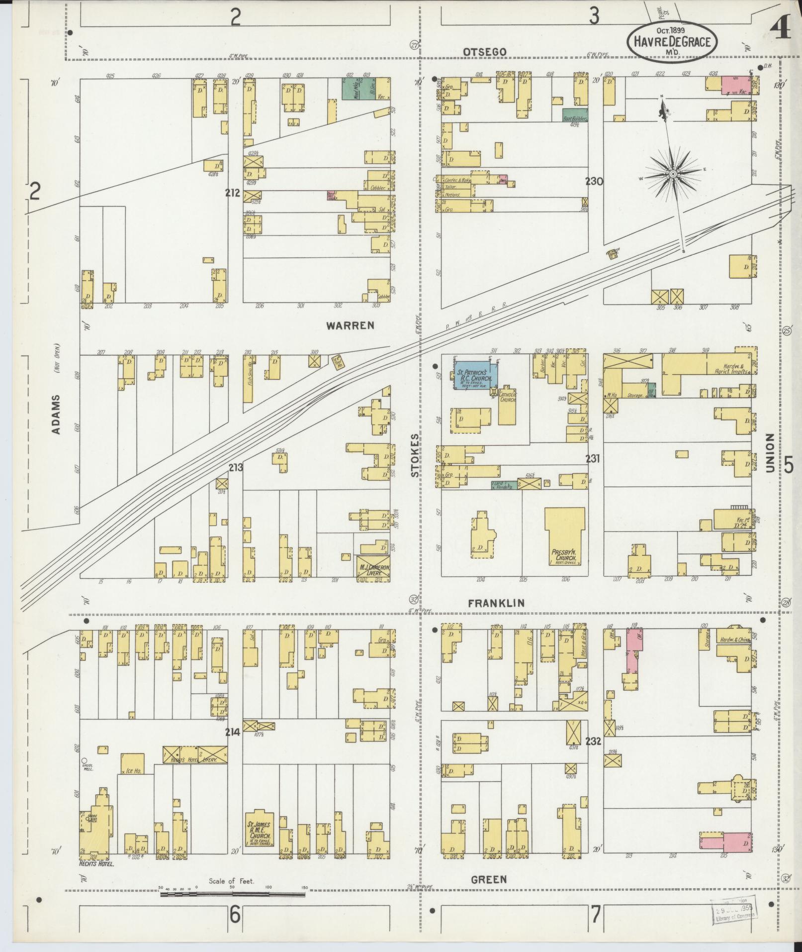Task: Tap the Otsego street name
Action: (x=484, y=52)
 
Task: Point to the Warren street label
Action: (x=350, y=325)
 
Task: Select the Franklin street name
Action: (x=497, y=603)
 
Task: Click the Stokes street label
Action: (x=415, y=455)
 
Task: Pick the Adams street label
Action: (x=56, y=414)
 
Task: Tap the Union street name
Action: (x=770, y=452)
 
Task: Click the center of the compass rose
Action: (x=672, y=173)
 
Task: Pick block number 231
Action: (x=592, y=458)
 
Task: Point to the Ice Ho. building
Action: (x=132, y=764)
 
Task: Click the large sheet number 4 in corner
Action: (x=781, y=30)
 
